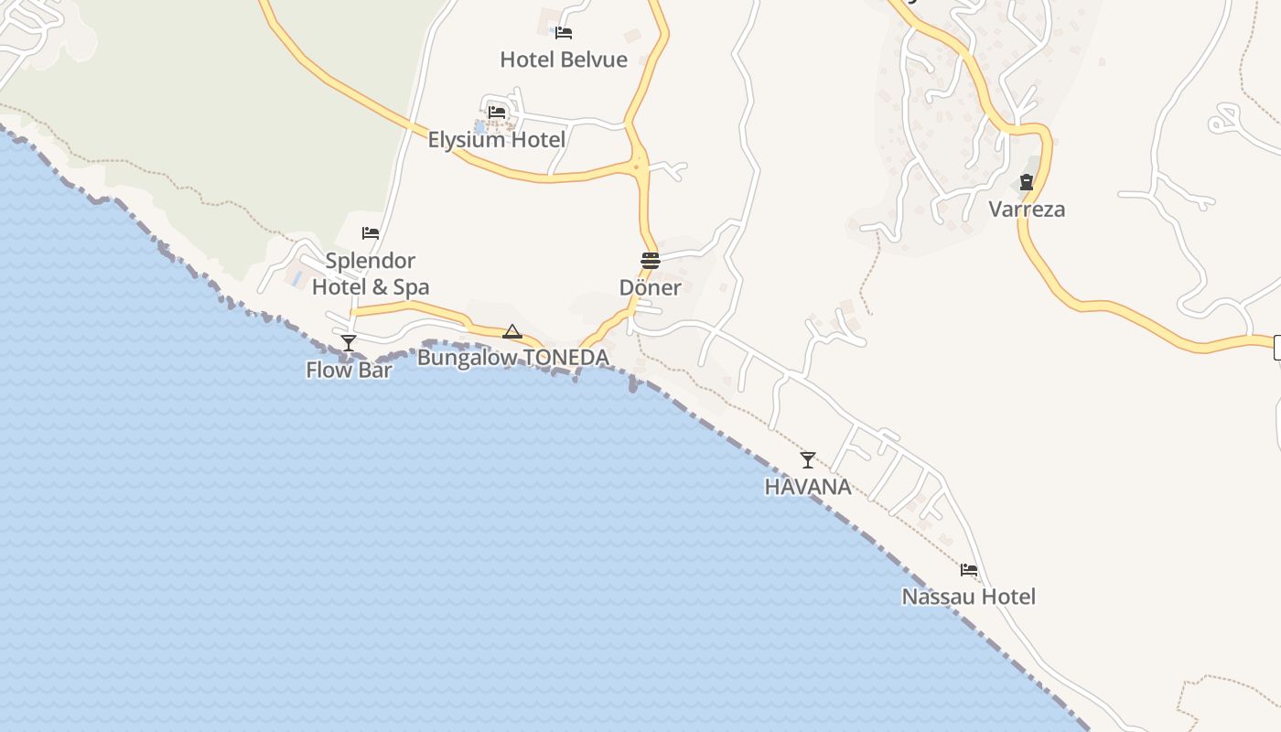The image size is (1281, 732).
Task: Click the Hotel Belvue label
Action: coord(564,60)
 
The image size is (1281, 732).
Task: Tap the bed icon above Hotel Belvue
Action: coord(564,33)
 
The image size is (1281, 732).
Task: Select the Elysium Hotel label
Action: coord(497,140)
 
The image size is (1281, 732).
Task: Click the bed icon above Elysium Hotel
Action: coord(497,113)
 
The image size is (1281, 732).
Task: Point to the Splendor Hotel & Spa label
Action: coord(371,274)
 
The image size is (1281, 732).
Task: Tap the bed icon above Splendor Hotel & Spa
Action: coord(371,233)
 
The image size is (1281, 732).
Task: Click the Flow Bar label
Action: coord(349,370)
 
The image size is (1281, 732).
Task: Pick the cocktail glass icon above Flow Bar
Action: coord(349,343)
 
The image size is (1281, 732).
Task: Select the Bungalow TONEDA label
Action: coord(513,358)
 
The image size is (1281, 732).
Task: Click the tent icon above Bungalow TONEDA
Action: coord(512,331)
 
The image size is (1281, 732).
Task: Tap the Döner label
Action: coord(650,287)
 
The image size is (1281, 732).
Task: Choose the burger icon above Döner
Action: coord(650,261)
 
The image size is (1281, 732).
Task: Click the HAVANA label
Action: coord(808,487)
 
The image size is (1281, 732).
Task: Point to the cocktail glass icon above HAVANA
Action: coord(808,459)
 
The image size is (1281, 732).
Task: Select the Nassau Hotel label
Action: coord(969,597)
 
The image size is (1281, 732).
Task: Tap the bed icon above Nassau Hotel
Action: coord(969,570)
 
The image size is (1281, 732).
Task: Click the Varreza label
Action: coord(1027,210)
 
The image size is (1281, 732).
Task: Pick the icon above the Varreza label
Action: coord(1027,182)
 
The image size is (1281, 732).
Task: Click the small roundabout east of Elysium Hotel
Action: coord(637,166)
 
